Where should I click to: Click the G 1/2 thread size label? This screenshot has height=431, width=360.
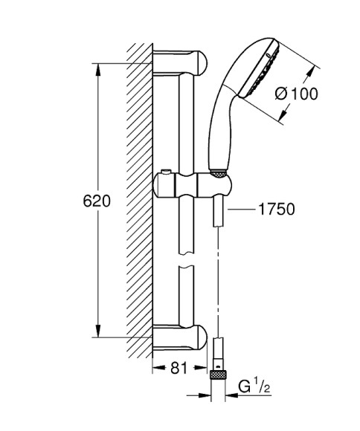[254, 387]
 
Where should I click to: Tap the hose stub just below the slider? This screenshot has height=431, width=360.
[217, 211]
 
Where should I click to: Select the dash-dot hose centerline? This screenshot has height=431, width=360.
[218, 290]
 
